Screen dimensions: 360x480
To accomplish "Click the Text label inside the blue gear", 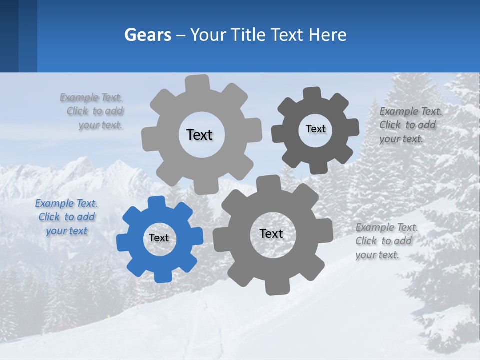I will (159, 238).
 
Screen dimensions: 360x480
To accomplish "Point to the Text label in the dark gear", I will (316, 129).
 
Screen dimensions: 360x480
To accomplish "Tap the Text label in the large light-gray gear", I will (199, 135).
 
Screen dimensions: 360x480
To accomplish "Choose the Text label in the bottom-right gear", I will (271, 234).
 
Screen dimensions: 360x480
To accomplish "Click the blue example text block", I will (66, 217).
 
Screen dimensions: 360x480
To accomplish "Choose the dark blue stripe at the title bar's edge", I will (9, 36).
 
